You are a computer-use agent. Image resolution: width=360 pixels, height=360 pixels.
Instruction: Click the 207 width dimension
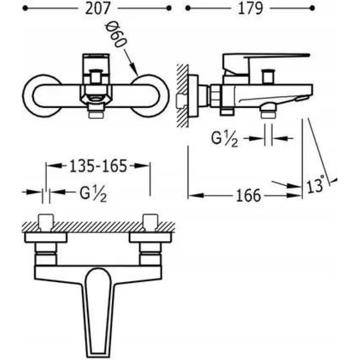click(x=98, y=9)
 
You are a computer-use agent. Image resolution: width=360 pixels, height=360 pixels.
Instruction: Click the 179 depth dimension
click(x=250, y=9)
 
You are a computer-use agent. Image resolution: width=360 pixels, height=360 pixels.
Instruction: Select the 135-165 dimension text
click(x=98, y=166)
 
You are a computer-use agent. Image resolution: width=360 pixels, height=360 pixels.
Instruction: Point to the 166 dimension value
click(x=249, y=196)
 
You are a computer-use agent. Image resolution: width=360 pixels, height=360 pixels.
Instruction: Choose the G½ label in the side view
click(x=224, y=139)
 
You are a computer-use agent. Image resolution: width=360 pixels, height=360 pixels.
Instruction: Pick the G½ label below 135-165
click(x=93, y=194)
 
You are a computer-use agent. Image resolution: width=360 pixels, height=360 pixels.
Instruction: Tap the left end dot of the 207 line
click(x=25, y=9)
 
